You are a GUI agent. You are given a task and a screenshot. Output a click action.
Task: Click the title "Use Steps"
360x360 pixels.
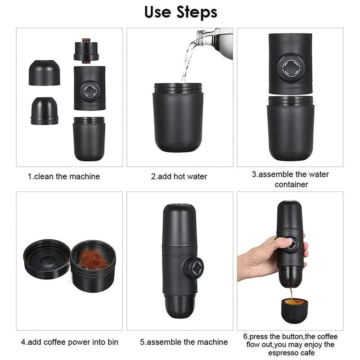(x=181, y=12)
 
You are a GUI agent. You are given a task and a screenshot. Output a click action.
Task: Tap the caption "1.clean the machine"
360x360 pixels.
(x=64, y=176)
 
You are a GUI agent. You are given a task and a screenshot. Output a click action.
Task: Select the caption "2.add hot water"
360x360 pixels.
(x=179, y=176)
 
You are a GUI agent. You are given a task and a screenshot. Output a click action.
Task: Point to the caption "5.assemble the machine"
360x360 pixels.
(x=184, y=342)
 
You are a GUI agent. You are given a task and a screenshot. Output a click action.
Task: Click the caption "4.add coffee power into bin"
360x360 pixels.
(x=69, y=342)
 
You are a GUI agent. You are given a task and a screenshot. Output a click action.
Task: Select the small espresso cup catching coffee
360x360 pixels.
(x=294, y=310)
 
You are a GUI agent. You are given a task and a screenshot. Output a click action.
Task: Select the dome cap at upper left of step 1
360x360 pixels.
(x=44, y=73)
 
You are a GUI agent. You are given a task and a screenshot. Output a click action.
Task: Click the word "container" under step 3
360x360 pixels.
(x=291, y=184)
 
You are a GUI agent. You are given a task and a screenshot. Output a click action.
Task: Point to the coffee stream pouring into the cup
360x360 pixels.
(x=291, y=293)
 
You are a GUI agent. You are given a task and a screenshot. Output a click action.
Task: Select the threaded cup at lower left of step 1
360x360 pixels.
(x=44, y=111)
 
